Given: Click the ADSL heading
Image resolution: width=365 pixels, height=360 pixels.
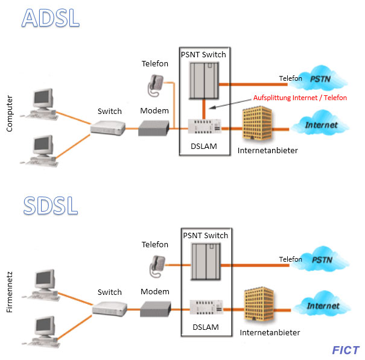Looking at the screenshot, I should pyautogui.click(x=51, y=17).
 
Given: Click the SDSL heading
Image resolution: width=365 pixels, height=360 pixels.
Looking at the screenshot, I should pyautogui.click(x=51, y=204).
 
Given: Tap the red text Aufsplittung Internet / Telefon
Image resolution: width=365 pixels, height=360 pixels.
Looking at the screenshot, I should pyautogui.click(x=300, y=98).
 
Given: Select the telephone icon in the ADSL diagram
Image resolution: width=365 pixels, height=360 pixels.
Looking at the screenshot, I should pyautogui.click(x=154, y=84).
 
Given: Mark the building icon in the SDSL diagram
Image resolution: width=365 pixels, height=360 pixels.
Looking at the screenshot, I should pyautogui.click(x=259, y=306).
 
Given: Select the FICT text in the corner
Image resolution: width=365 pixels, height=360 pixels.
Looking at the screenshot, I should pyautogui.click(x=346, y=350).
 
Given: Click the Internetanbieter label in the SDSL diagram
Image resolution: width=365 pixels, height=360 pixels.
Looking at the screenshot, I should pyautogui.click(x=270, y=332).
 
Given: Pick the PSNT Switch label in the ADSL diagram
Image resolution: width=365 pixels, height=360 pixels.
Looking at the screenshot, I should pyautogui.click(x=204, y=55).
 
